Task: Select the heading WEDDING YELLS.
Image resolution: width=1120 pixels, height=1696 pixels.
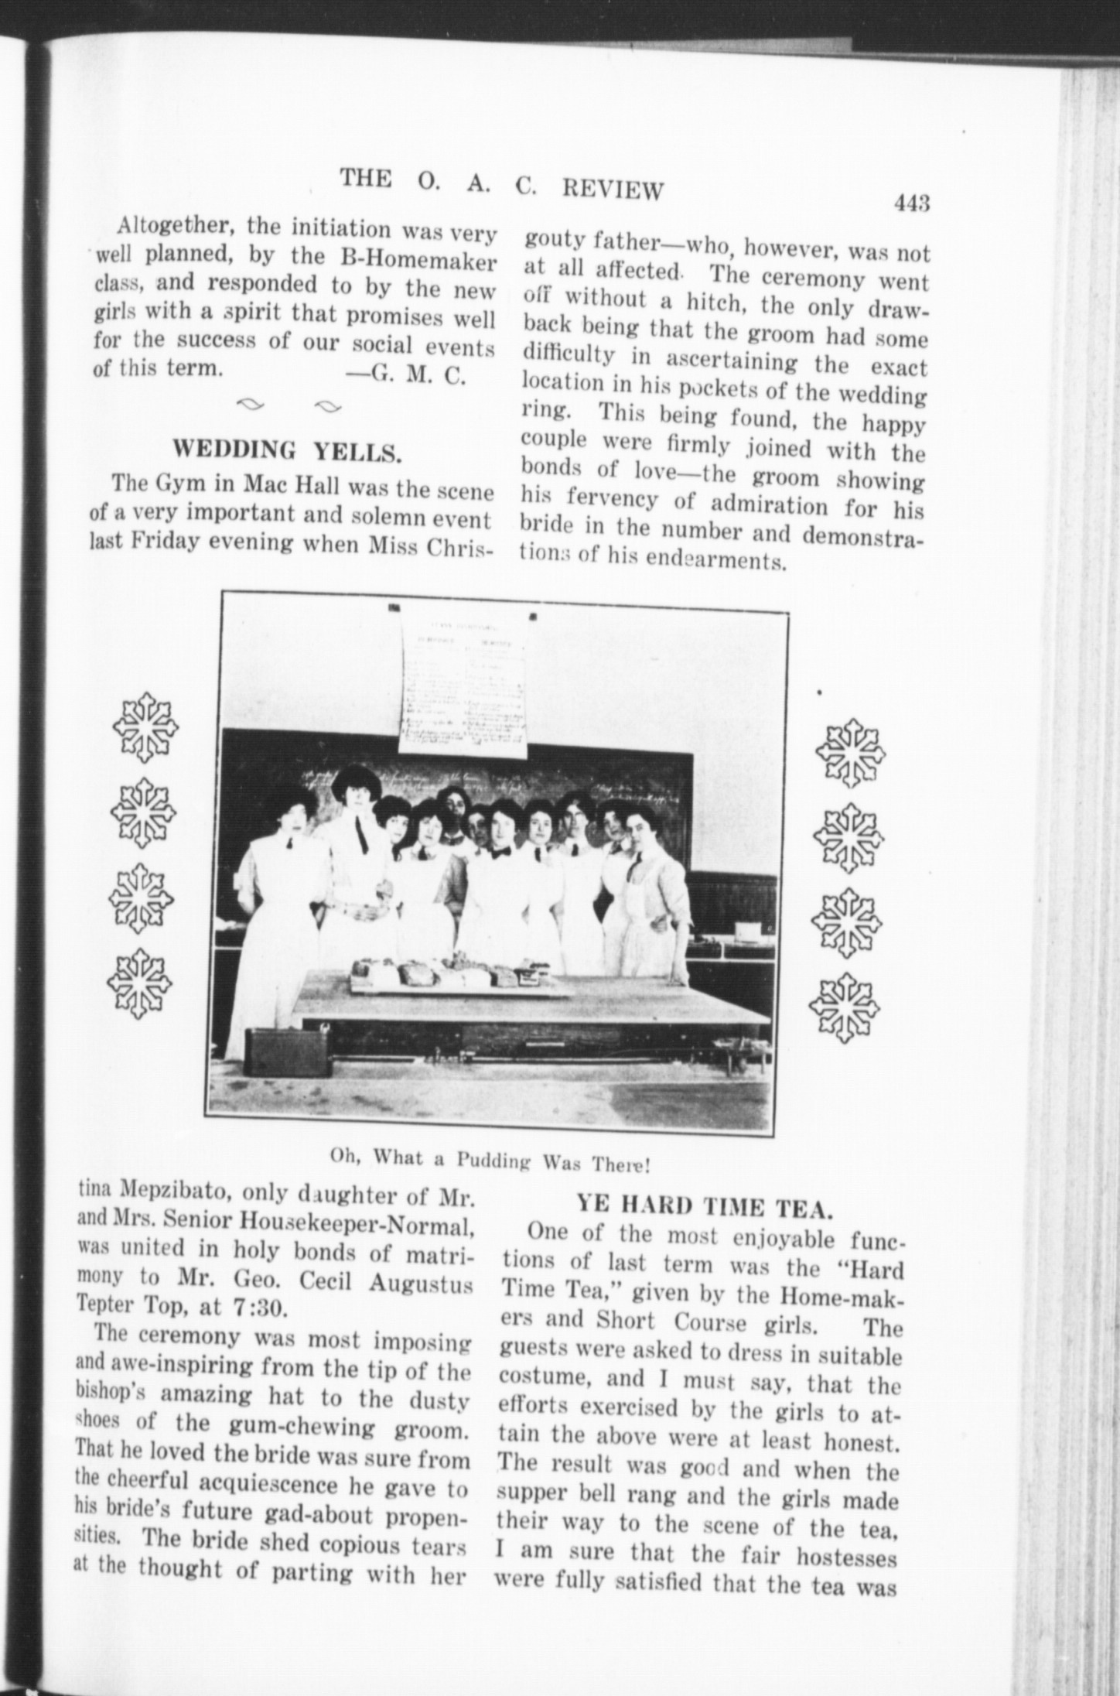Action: point(286,451)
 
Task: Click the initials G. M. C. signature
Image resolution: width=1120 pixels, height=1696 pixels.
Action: point(418,375)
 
